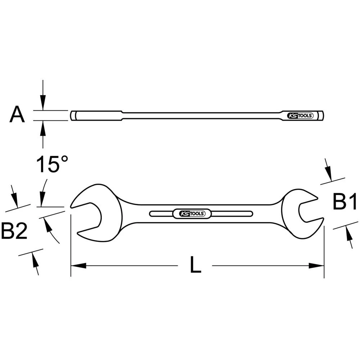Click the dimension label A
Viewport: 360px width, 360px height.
tap(17, 115)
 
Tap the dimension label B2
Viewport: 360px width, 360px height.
tap(14, 231)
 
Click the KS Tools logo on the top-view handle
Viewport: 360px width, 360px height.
tap(192, 213)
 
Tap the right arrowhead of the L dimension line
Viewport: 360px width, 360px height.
tap(317, 266)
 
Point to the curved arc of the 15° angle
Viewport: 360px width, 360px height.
tap(53, 234)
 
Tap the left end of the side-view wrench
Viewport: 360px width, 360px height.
tap(73, 116)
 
